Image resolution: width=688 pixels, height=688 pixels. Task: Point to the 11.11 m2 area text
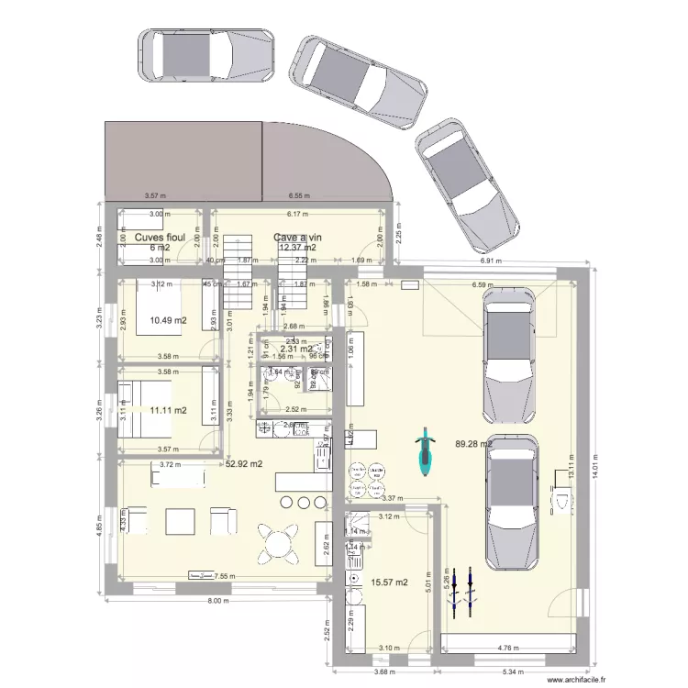pos(168,410)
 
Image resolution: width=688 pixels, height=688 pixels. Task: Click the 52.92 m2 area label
pos(244,464)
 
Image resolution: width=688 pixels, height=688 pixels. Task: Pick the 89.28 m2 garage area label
pos(473,444)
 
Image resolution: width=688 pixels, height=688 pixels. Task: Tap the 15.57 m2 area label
pos(391,582)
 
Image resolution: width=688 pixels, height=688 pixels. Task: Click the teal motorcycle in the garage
pos(424,453)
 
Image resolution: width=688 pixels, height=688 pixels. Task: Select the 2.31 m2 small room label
pos(299,349)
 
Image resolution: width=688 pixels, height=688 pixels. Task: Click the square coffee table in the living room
pos(180,521)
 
